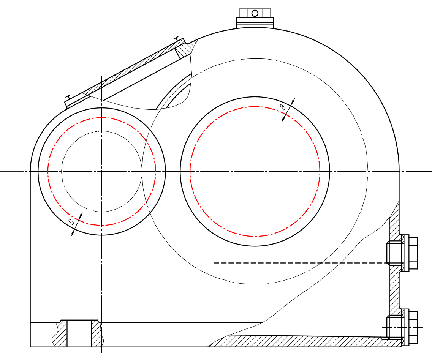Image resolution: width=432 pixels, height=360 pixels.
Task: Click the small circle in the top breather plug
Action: coord(255,13)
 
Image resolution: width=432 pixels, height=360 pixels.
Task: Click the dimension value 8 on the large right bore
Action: coord(283,107)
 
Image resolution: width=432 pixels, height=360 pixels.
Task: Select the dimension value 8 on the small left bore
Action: coord(71,222)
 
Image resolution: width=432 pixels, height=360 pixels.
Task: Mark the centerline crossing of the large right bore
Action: coord(255,171)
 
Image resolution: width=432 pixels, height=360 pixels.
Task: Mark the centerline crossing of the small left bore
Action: coord(102,171)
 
